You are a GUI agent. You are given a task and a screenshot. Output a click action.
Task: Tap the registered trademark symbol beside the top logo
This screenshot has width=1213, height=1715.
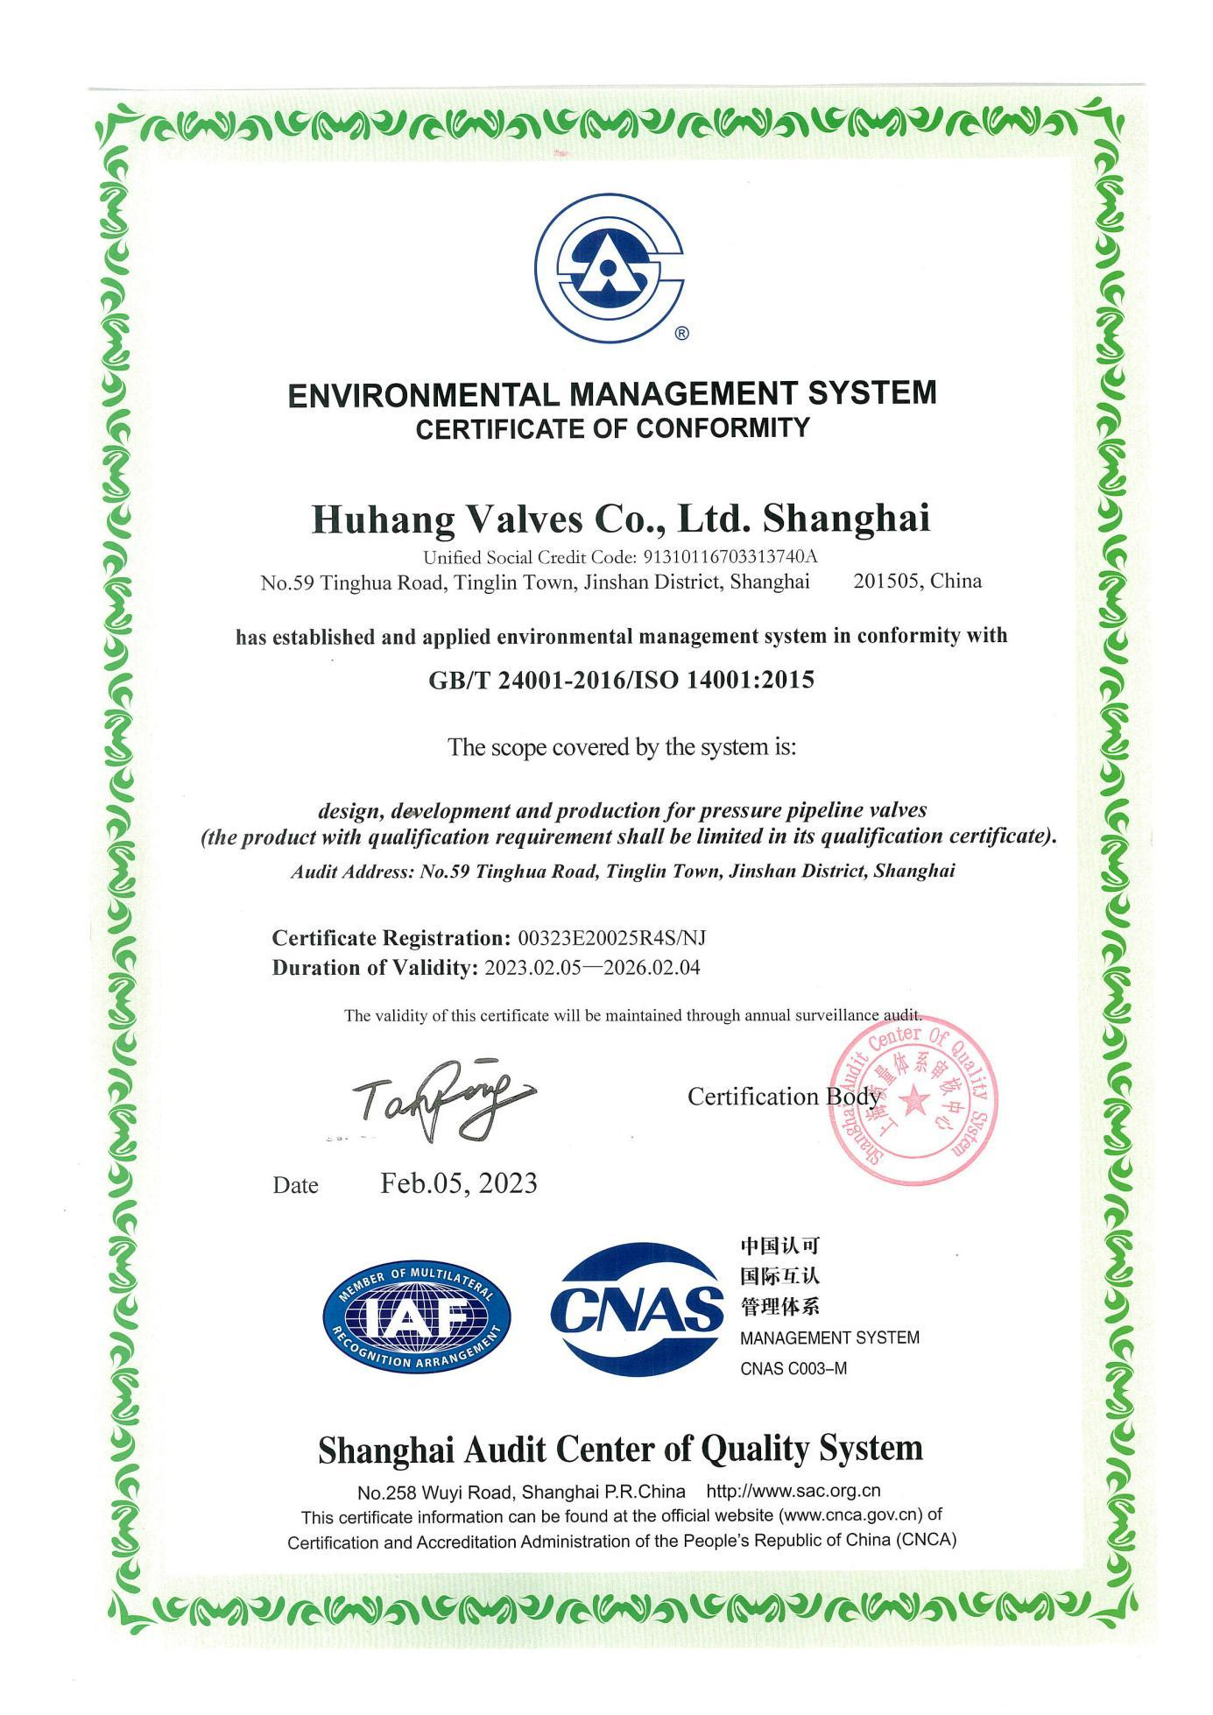(683, 333)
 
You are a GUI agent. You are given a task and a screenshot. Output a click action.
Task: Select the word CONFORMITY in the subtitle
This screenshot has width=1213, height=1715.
(738, 428)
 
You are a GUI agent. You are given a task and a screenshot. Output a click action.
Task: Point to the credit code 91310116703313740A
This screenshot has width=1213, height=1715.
(730, 557)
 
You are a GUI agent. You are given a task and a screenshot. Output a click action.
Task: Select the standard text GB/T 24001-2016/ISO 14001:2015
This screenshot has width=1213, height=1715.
(621, 680)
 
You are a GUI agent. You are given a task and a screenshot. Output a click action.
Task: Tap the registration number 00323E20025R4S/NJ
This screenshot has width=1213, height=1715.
(612, 938)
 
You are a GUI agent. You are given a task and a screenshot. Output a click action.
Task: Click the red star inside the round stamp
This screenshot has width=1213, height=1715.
(913, 1098)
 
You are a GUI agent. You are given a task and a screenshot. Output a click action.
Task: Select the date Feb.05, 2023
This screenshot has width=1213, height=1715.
(458, 1183)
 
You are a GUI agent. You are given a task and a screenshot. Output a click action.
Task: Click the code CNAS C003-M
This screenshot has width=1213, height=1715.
(793, 1368)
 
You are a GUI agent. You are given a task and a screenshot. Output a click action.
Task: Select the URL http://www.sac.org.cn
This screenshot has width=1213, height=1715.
(793, 1491)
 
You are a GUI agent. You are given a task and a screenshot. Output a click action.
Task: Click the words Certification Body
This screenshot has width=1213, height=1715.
(783, 1097)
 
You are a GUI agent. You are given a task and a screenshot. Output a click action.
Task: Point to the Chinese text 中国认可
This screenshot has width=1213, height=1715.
(779, 1246)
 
